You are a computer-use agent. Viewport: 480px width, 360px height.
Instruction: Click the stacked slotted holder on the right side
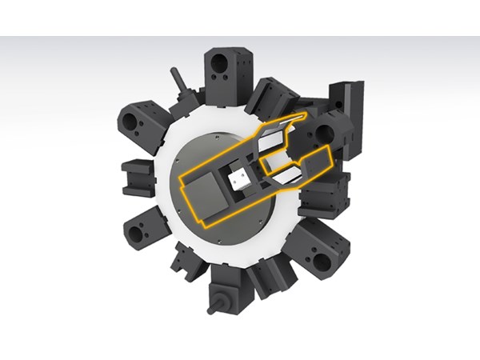coord(323,194)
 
